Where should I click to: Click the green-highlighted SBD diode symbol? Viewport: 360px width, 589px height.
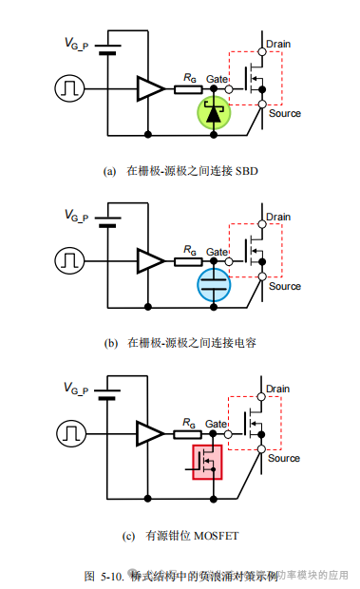tap(214, 113)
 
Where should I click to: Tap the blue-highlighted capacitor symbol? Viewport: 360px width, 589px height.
tap(214, 285)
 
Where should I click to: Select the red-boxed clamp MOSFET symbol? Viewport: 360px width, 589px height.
tap(207, 462)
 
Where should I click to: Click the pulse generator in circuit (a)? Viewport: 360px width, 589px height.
tap(70, 89)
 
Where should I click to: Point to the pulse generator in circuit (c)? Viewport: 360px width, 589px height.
tap(70, 433)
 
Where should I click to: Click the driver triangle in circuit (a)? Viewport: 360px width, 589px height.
tap(149, 89)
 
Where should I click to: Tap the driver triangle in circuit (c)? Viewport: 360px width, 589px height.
tap(149, 433)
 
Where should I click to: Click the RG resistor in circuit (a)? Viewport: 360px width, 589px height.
tap(187, 89)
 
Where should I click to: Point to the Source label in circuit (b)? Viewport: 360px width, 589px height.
tap(284, 286)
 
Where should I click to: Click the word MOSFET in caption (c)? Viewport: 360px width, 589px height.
tap(219, 535)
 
